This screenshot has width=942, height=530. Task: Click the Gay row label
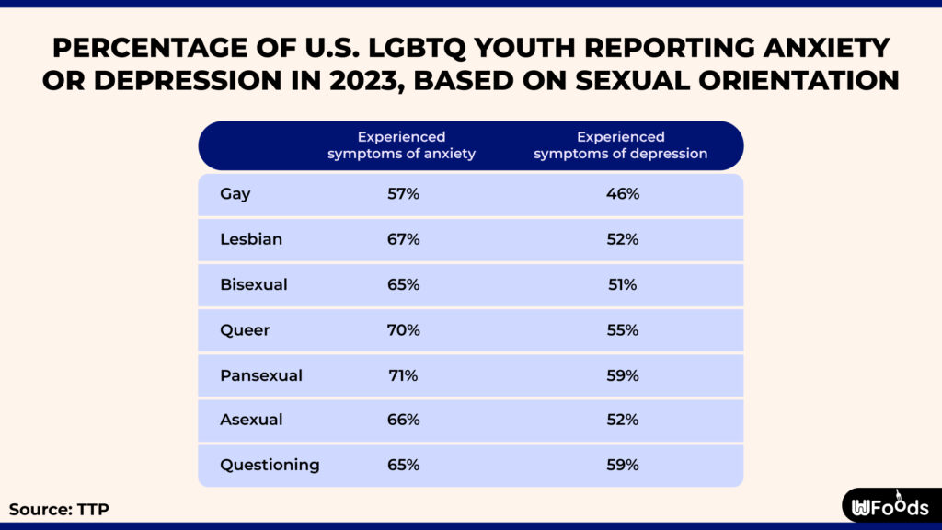(235, 194)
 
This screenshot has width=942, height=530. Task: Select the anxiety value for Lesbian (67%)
(403, 239)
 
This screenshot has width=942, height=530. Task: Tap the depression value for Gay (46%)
(621, 194)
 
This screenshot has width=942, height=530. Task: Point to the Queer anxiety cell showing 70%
(403, 329)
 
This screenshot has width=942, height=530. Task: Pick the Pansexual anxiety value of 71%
(403, 374)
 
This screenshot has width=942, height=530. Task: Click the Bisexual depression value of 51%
(621, 284)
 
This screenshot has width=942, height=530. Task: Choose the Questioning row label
(270, 465)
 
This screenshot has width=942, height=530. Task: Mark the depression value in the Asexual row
(621, 420)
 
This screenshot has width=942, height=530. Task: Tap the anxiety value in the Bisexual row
(403, 284)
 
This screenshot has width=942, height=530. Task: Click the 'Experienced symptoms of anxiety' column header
(402, 145)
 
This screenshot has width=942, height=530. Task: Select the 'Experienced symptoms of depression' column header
(621, 145)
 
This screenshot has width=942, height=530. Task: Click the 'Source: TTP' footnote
(52, 509)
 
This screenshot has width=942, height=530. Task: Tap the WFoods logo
(890, 506)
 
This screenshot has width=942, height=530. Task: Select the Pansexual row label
(261, 374)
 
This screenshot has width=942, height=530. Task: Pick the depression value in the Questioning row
(621, 465)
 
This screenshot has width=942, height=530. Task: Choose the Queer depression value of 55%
(621, 329)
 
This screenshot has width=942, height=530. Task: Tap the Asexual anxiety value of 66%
(403, 420)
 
